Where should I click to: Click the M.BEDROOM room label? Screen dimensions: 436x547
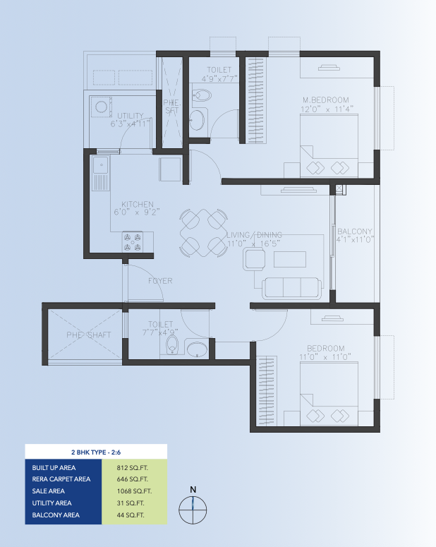tap(326, 100)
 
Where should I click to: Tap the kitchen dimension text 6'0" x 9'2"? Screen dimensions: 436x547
tap(137, 212)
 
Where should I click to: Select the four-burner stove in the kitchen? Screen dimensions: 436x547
tap(133, 242)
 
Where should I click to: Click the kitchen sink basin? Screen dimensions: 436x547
tap(100, 164)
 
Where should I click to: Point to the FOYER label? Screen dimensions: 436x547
tap(160, 281)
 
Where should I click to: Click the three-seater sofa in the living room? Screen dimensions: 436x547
tap(292, 288)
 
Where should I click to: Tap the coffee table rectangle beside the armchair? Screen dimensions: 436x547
tap(290, 259)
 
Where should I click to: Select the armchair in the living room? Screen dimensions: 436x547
tap(254, 259)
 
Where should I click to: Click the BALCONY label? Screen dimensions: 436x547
tap(355, 232)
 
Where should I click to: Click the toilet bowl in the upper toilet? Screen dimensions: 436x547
tap(202, 95)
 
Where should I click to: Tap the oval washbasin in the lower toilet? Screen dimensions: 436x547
tap(197, 349)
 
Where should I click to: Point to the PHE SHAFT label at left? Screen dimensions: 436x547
tap(89, 335)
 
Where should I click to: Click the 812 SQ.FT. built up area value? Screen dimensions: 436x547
tap(132, 468)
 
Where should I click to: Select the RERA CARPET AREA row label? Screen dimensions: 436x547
tap(61, 479)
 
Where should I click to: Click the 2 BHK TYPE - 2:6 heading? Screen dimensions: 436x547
tap(96, 452)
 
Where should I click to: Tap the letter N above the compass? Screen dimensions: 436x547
tap(193, 489)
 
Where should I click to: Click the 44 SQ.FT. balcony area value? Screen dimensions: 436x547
tap(131, 515)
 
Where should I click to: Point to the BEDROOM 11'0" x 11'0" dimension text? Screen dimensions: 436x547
tap(325, 357)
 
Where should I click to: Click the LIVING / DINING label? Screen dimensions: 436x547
tap(254, 235)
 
